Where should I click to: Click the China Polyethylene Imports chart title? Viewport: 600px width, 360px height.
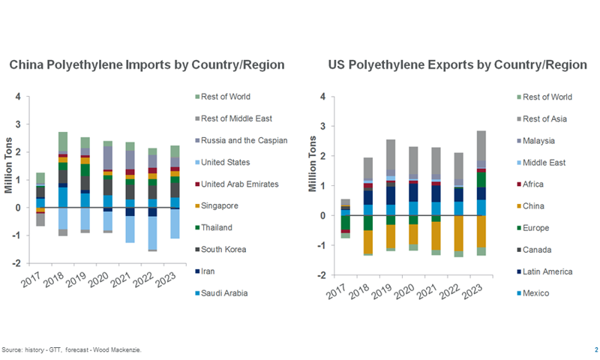(147, 65)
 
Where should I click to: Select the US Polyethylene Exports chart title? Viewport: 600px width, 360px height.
(457, 65)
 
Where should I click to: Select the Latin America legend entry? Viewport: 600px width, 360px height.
(547, 271)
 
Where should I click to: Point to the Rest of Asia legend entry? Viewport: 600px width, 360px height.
(546, 118)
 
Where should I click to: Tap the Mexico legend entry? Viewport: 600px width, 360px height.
(536, 292)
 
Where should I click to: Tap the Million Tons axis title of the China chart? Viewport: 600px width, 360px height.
(9, 180)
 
